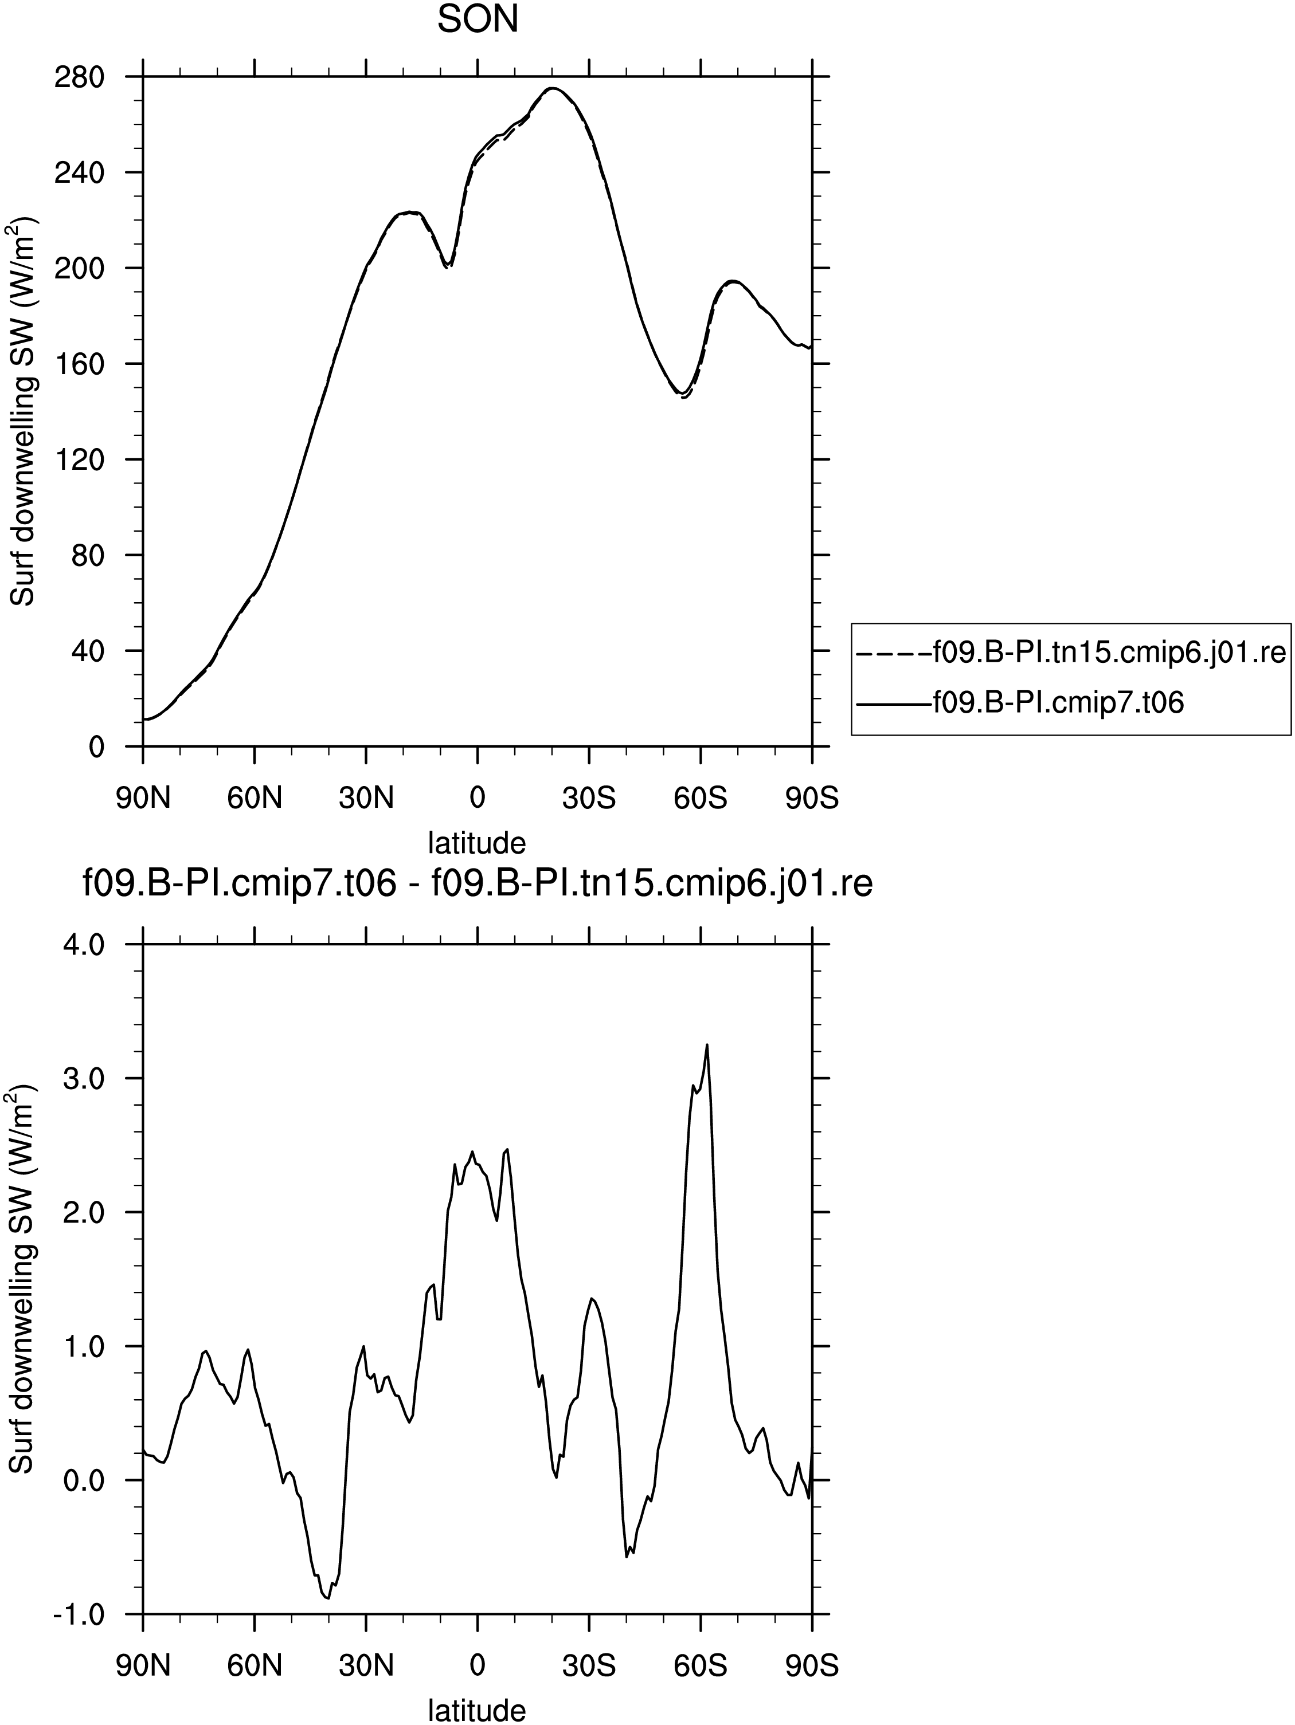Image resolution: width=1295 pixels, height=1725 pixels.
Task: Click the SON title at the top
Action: pyautogui.click(x=478, y=19)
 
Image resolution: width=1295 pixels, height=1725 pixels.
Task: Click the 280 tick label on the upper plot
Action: pyautogui.click(x=80, y=77)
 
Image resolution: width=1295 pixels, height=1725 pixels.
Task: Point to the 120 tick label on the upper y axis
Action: pyautogui.click(x=80, y=459)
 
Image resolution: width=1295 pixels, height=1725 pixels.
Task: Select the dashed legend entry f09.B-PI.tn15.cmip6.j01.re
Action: pyautogui.click(x=1070, y=651)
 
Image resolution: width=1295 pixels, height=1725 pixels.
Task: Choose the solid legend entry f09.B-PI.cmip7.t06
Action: pyautogui.click(x=1020, y=702)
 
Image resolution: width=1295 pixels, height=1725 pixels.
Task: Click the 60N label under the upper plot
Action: pyautogui.click(x=255, y=798)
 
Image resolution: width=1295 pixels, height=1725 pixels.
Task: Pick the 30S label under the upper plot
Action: pyautogui.click(x=589, y=798)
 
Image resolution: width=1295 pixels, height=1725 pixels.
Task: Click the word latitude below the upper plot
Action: pyautogui.click(x=478, y=842)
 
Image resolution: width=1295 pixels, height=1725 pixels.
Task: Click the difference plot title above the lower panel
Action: pyautogui.click(x=478, y=885)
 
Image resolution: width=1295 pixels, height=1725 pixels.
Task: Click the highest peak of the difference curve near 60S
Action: pyautogui.click(x=707, y=1045)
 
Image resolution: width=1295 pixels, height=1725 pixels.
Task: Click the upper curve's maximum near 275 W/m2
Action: pyautogui.click(x=551, y=88)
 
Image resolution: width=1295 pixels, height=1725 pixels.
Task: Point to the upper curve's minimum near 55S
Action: pyautogui.click(x=682, y=393)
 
